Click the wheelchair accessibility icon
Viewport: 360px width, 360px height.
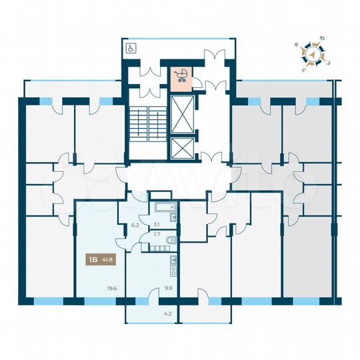click(131, 47)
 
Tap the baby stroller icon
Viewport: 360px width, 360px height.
click(181, 76)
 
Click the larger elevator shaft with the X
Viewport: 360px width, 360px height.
click(181, 115)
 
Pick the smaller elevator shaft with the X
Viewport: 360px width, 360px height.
click(181, 148)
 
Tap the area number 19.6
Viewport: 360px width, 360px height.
click(111, 289)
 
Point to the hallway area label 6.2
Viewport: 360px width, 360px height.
click(135, 225)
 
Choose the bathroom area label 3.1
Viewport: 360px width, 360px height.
click(157, 225)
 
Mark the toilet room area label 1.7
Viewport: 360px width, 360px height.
click(157, 234)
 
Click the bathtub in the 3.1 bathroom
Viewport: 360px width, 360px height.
click(163, 207)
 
